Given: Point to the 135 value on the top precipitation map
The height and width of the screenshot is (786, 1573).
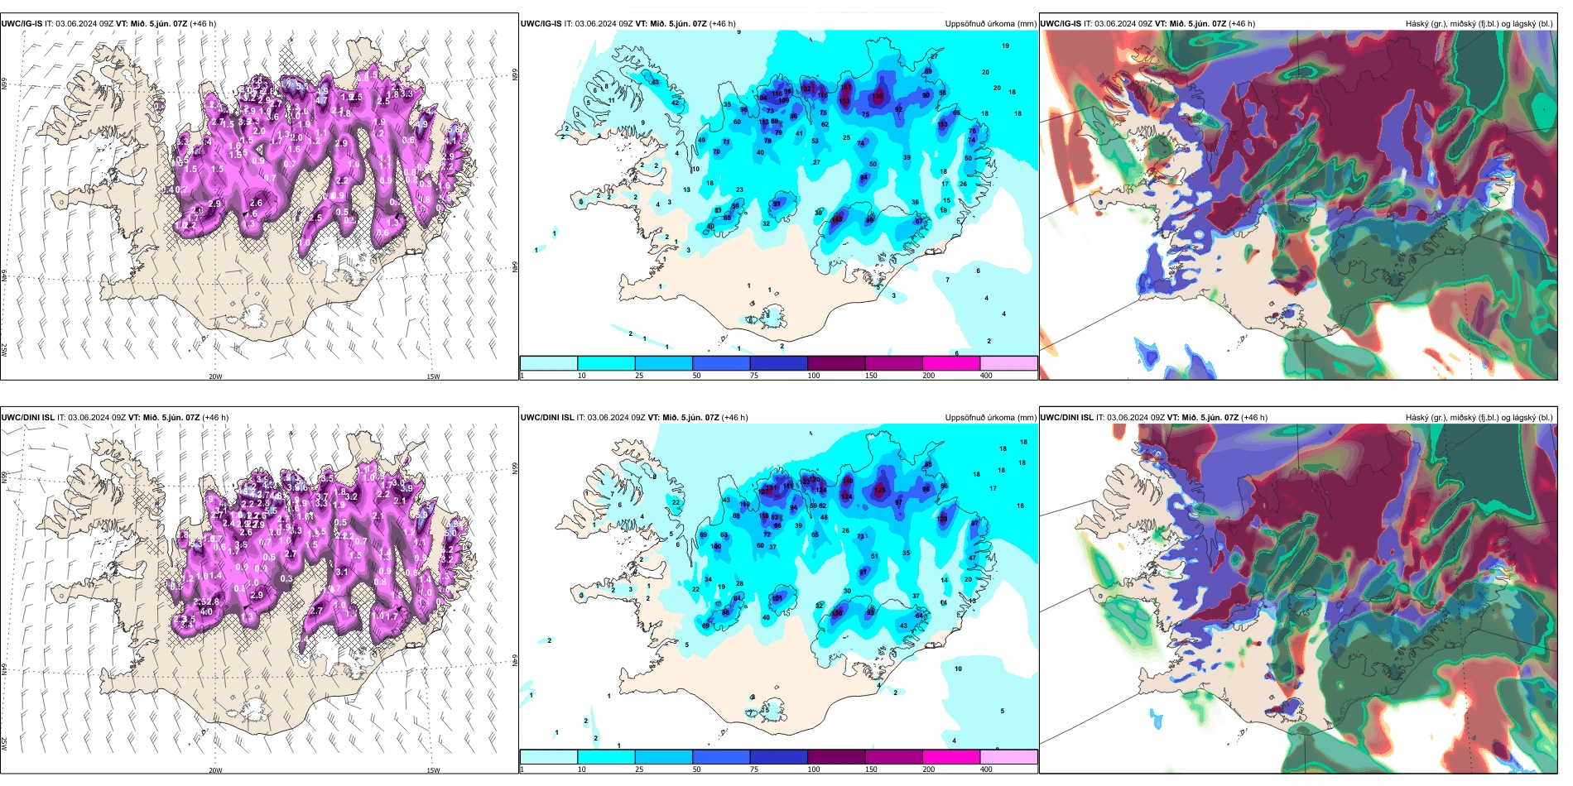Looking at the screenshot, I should pyautogui.click(x=878, y=96).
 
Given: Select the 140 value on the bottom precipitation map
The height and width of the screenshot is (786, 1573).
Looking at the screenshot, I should pyautogui.click(x=847, y=481).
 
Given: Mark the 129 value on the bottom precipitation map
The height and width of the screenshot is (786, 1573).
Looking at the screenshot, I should pyautogui.click(x=942, y=519).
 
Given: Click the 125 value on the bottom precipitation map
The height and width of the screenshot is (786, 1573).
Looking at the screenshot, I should pyautogui.click(x=879, y=490).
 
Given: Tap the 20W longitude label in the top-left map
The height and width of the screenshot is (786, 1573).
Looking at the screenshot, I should pyautogui.click(x=215, y=376).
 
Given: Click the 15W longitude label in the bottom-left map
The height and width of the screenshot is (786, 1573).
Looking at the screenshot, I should pyautogui.click(x=433, y=770).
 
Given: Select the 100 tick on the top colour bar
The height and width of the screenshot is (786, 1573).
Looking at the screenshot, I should pyautogui.click(x=814, y=376).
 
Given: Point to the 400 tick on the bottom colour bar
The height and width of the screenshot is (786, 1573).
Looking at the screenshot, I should pyautogui.click(x=986, y=769).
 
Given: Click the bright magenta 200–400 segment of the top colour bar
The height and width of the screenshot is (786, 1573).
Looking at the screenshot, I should pyautogui.click(x=951, y=363).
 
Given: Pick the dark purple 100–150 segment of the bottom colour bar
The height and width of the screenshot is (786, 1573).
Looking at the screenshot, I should pyautogui.click(x=836, y=757).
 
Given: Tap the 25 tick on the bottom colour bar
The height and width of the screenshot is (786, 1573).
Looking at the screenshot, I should pyautogui.click(x=639, y=769).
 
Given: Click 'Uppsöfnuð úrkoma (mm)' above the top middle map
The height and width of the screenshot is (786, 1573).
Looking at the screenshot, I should pyautogui.click(x=990, y=24).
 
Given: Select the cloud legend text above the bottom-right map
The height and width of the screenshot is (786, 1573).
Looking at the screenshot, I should pyautogui.click(x=1479, y=418).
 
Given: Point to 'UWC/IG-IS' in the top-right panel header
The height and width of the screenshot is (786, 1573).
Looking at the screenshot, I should pyautogui.click(x=1061, y=24).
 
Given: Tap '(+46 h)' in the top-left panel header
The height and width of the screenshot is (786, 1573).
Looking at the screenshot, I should pyautogui.click(x=203, y=24).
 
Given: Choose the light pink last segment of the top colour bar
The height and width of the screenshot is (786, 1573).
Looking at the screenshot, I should pyautogui.click(x=1008, y=363).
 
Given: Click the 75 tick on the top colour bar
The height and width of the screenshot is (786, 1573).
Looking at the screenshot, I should pyautogui.click(x=754, y=376).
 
